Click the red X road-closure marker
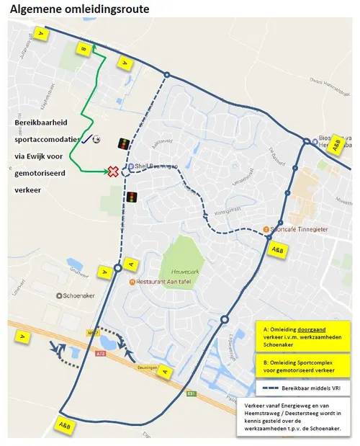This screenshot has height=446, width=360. (113, 171)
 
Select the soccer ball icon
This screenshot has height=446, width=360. (96, 140)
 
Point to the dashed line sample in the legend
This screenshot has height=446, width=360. (276, 388)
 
